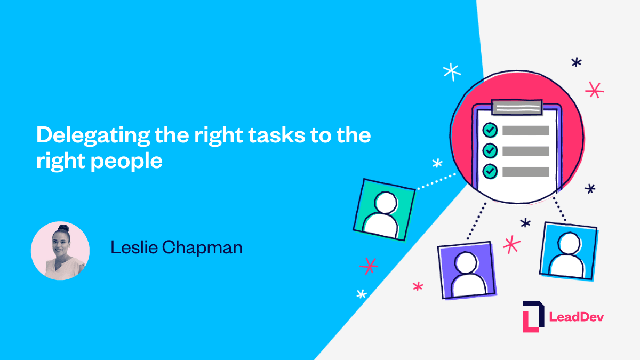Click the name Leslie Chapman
(x=177, y=247)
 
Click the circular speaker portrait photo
(x=60, y=251)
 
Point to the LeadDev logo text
(x=577, y=317)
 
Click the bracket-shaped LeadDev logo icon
(x=533, y=316)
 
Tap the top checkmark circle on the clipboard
(x=490, y=130)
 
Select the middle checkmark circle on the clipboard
(x=490, y=151)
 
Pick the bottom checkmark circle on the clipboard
(x=490, y=171)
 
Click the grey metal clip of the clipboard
(x=517, y=107)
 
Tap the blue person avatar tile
(x=569, y=250)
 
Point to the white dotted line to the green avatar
(x=436, y=181)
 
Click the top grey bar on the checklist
(x=525, y=131)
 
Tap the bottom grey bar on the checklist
(x=525, y=172)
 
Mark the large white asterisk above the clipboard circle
(x=452, y=71)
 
